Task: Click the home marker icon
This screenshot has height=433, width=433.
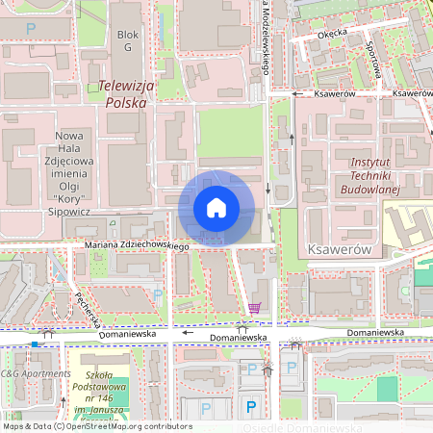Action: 216,208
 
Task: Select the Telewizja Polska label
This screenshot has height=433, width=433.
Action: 122,92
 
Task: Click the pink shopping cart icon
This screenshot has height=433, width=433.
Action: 254,307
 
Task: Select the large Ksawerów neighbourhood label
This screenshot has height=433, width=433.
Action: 338,248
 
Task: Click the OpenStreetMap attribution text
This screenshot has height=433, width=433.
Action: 96,426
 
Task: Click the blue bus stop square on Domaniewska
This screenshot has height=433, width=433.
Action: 35,344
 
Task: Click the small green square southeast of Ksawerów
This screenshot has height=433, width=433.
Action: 387,389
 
